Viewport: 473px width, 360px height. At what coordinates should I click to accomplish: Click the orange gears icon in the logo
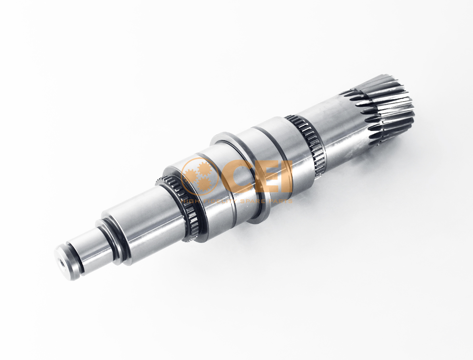[198, 175]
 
